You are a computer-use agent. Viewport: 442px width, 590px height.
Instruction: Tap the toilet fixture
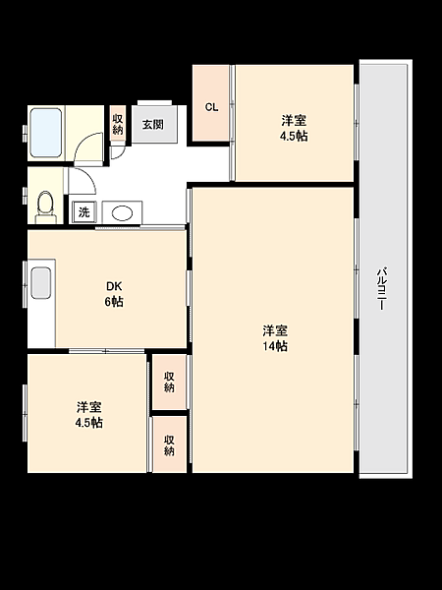(x=43, y=203)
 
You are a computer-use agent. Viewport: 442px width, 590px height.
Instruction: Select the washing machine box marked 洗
(x=83, y=212)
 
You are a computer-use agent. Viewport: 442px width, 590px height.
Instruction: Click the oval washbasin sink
(x=122, y=212)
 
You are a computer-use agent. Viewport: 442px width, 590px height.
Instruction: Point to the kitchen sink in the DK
(x=40, y=283)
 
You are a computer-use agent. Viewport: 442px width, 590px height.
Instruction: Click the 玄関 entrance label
(x=152, y=125)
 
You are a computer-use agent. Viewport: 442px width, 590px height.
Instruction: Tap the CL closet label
(x=211, y=107)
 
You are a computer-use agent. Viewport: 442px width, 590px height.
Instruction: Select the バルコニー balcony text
(x=381, y=287)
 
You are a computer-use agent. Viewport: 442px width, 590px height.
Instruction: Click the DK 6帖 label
(x=115, y=294)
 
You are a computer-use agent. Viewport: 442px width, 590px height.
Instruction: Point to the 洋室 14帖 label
(x=274, y=337)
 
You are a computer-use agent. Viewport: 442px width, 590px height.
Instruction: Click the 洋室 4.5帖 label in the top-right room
(x=294, y=128)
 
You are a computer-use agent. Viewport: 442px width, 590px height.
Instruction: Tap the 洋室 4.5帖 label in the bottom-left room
(x=89, y=414)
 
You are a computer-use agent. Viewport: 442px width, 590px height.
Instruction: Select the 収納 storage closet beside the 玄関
(x=118, y=124)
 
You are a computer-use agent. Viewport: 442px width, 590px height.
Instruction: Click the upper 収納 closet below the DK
(x=169, y=382)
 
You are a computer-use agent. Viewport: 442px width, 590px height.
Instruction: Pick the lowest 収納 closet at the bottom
(x=169, y=444)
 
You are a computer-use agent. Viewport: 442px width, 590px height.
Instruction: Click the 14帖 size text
(x=274, y=346)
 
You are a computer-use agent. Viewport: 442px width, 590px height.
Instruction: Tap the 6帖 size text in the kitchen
(x=115, y=302)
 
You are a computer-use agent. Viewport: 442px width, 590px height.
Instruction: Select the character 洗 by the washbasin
(x=83, y=212)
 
